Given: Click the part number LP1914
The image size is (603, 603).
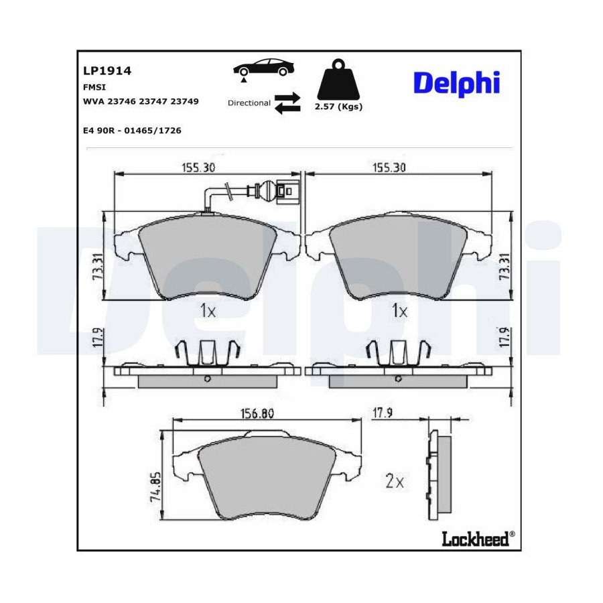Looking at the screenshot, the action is point(107,71).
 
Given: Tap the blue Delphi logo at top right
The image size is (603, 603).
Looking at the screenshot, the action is point(456,83).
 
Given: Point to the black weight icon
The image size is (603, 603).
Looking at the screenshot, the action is point(338,79).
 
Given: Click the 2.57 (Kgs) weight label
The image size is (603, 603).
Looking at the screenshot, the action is point(338,107).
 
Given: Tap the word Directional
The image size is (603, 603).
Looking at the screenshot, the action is point(249,103).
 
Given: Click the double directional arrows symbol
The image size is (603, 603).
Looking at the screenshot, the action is point(287,103).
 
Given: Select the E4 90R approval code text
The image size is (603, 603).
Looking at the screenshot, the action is point(132,131).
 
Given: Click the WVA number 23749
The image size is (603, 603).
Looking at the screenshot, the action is point(185,102).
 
